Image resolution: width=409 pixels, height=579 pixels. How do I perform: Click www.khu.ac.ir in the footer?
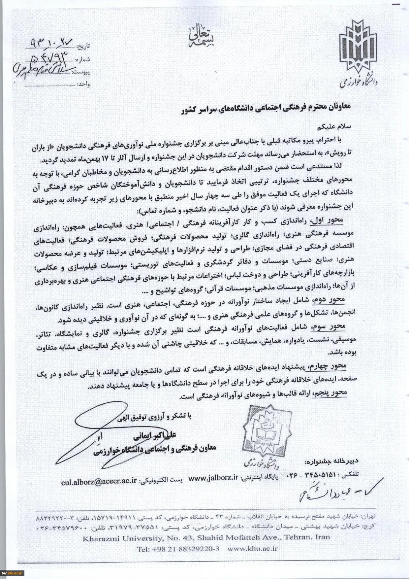point(252,549)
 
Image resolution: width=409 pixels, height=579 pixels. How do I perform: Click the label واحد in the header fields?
point(84,84)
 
